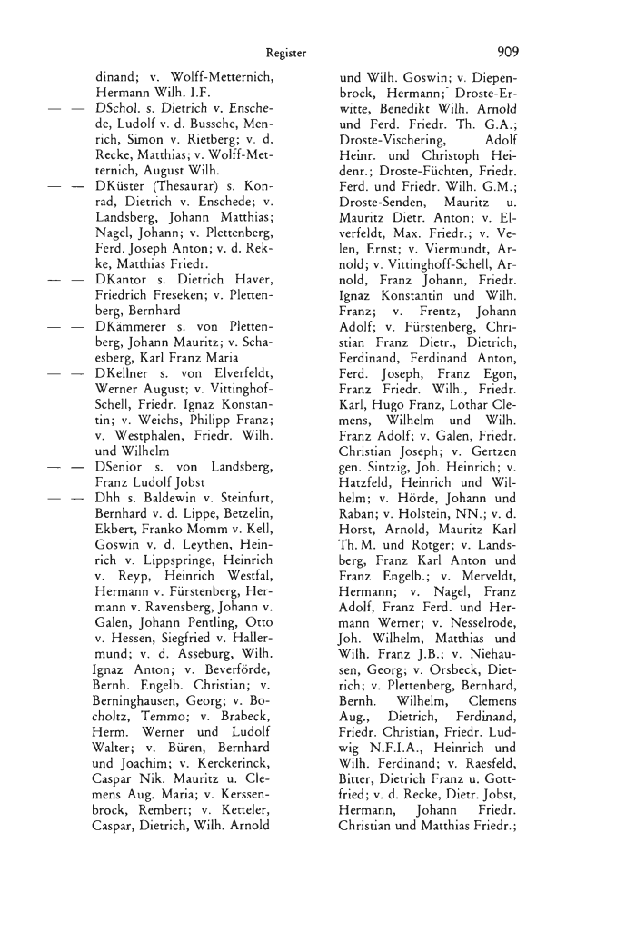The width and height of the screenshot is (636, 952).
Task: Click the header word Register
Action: point(286,53)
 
